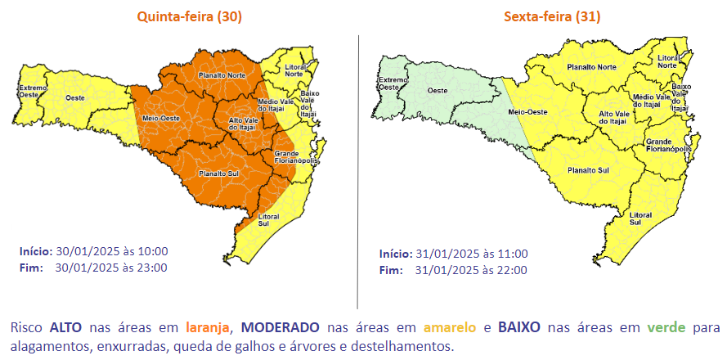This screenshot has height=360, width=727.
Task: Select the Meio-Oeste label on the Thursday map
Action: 160,118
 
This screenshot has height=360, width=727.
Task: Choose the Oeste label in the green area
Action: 437,90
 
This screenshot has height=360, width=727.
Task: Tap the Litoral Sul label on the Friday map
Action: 640,218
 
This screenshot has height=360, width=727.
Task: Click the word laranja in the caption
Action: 207,327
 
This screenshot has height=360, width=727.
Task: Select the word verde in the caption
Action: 666,327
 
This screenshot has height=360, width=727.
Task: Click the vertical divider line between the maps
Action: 358,164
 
